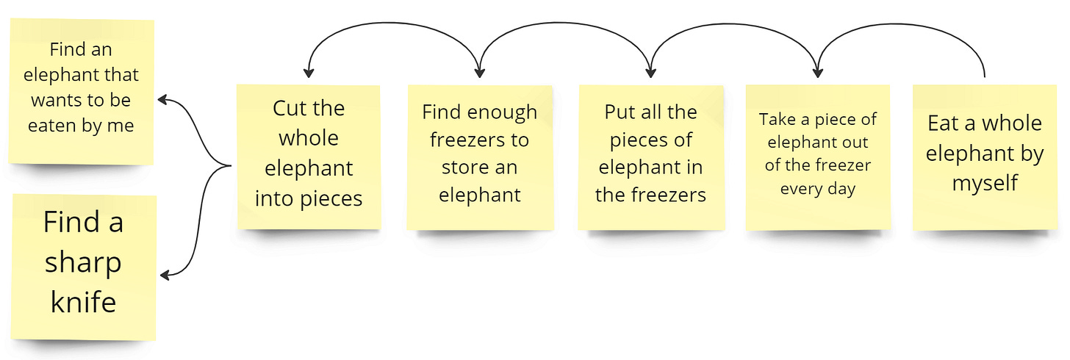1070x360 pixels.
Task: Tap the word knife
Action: click(84, 302)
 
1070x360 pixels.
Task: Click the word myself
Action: click(985, 183)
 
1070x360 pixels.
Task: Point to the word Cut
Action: click(289, 108)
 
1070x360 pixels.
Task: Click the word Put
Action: click(620, 112)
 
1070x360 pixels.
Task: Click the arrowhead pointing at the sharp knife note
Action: click(165, 276)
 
